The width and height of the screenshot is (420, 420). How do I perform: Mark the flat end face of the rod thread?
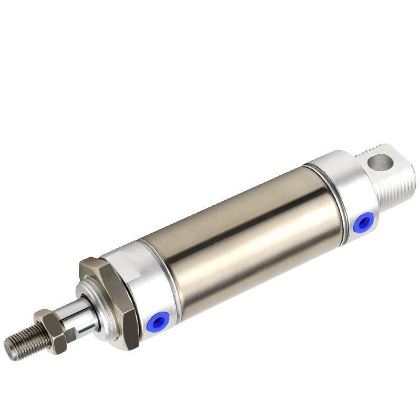pos(9,347)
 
